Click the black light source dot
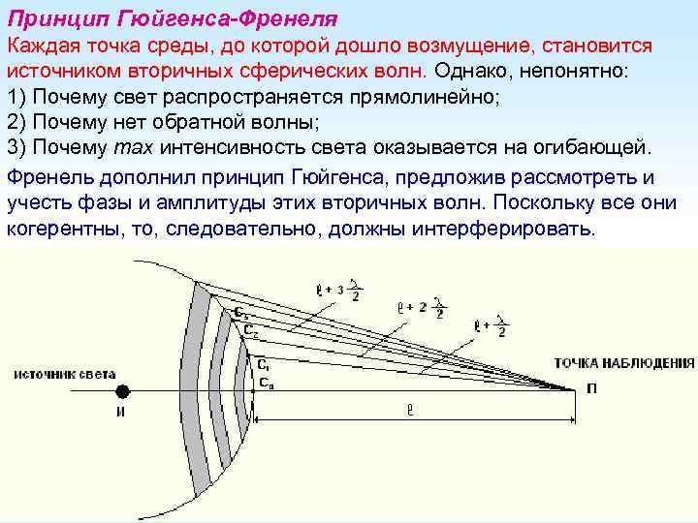(x=123, y=390)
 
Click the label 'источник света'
(x=65, y=373)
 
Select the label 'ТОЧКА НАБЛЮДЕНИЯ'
(x=624, y=363)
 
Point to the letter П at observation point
(x=590, y=389)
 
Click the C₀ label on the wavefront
(x=265, y=383)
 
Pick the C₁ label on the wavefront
(x=264, y=365)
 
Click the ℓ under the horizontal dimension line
(x=410, y=411)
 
